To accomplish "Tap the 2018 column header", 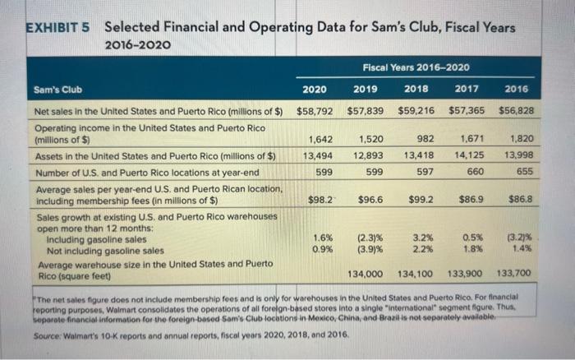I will (x=417, y=90).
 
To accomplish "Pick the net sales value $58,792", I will (x=315, y=109).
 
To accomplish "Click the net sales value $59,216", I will (x=416, y=109).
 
